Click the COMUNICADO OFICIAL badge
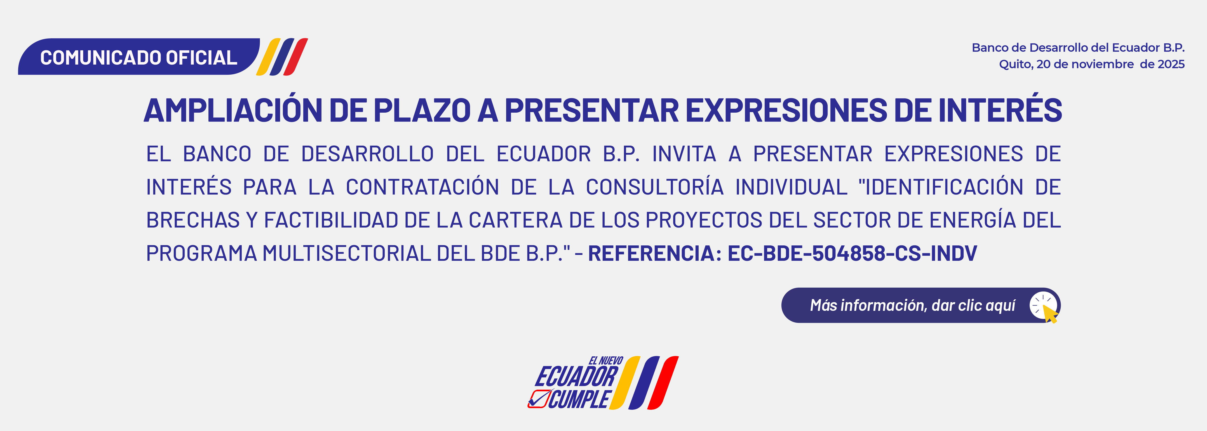pos(139,57)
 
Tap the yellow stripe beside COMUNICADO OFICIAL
pos(268,57)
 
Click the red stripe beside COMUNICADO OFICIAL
pos(296,57)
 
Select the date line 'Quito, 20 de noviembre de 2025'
pos(1092,64)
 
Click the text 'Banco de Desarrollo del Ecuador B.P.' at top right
pos(1078,48)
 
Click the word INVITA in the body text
pos(684,154)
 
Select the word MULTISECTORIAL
pos(346,253)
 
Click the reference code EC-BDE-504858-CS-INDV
pos(852,253)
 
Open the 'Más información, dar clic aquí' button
pos(921,305)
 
